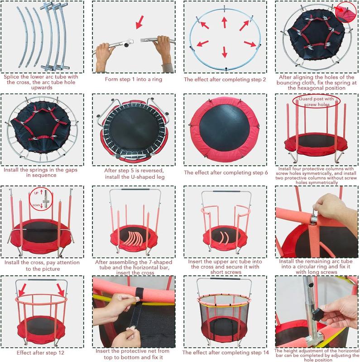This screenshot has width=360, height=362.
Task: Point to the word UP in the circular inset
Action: (35, 194)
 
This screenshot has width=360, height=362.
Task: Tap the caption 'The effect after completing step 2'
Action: (225, 79)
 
